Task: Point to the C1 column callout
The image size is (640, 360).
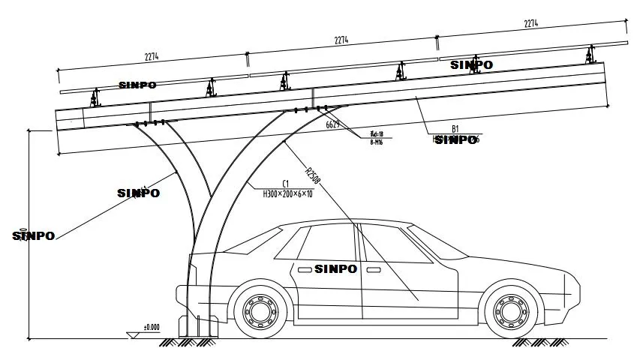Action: coord(286,183)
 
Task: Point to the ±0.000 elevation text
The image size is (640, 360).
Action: coord(152,327)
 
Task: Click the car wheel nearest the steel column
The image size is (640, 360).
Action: coord(261,308)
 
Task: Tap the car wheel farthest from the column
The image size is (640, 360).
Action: coord(512,308)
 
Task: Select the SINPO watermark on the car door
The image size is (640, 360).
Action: coord(338,268)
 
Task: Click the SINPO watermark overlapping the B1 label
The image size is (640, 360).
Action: coord(455,139)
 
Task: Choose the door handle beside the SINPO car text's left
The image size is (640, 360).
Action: coord(304,268)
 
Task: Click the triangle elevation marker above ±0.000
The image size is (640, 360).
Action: coord(133,332)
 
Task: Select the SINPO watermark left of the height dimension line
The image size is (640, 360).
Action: coord(33,235)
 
